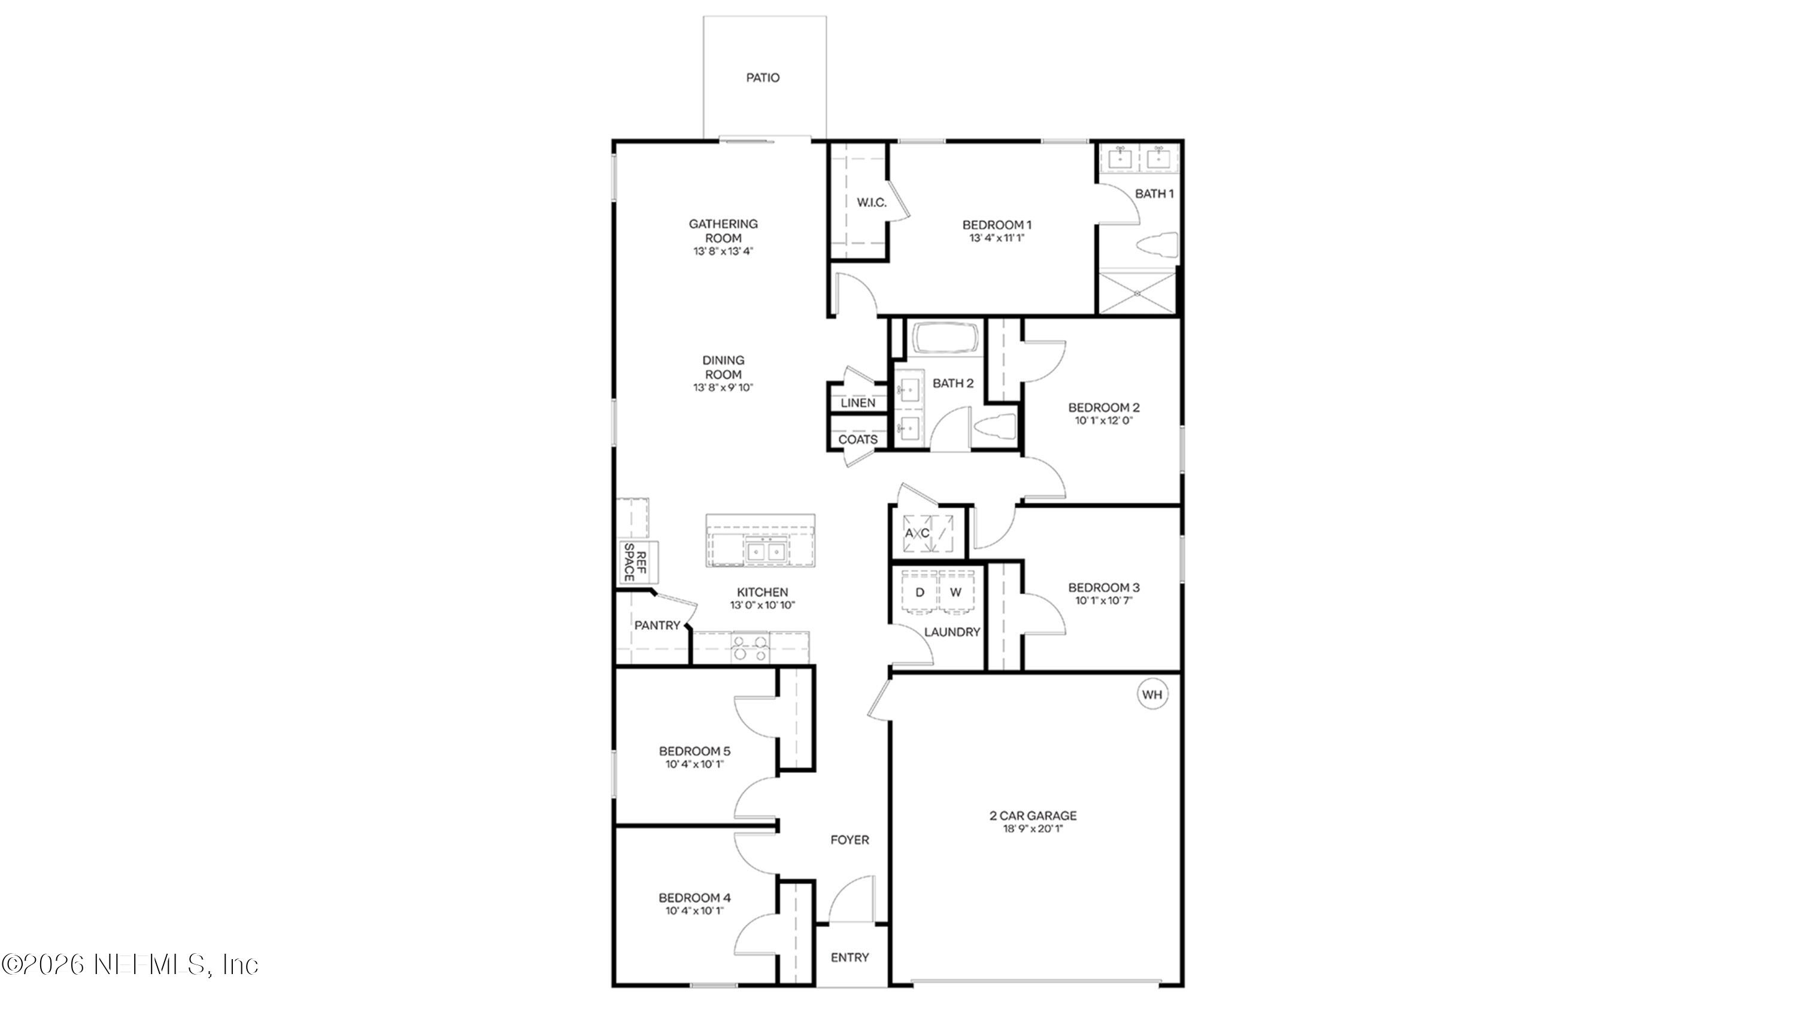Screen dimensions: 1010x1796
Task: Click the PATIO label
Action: pos(763,77)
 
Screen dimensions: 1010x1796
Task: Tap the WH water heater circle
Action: pos(1152,694)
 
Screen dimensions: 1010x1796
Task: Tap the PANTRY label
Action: pos(657,625)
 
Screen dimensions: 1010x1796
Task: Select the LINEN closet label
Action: pos(857,403)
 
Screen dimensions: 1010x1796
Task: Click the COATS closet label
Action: pos(857,440)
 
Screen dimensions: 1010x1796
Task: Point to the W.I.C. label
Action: pos(872,203)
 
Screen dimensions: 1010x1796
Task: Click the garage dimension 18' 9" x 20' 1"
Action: pos(1033,829)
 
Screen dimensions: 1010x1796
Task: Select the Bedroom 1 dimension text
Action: pos(996,238)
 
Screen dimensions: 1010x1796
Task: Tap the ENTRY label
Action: pos(849,958)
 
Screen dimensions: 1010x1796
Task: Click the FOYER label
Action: pos(849,840)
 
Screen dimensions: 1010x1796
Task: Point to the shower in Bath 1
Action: pos(1136,293)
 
